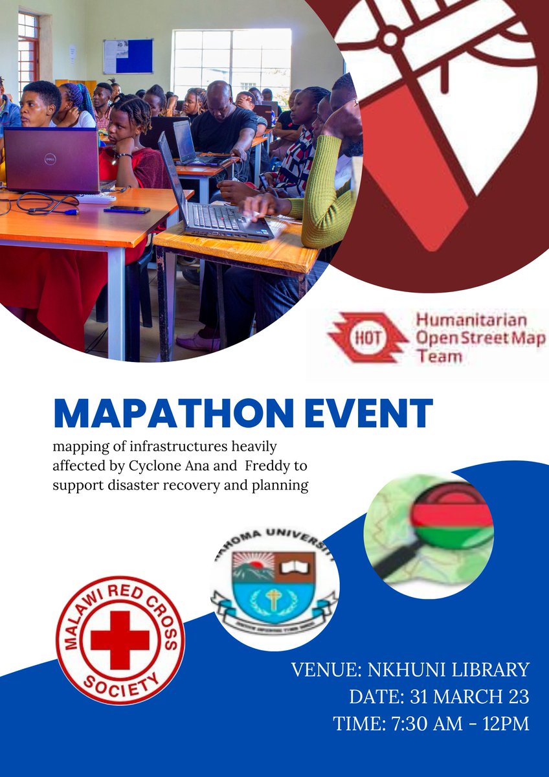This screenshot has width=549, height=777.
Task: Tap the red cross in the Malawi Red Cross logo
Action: [120, 640]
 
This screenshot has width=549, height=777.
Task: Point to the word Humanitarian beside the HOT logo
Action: [471, 320]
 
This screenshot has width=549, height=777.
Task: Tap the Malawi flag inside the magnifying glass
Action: [453, 516]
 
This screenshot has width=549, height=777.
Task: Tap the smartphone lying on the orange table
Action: [127, 209]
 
